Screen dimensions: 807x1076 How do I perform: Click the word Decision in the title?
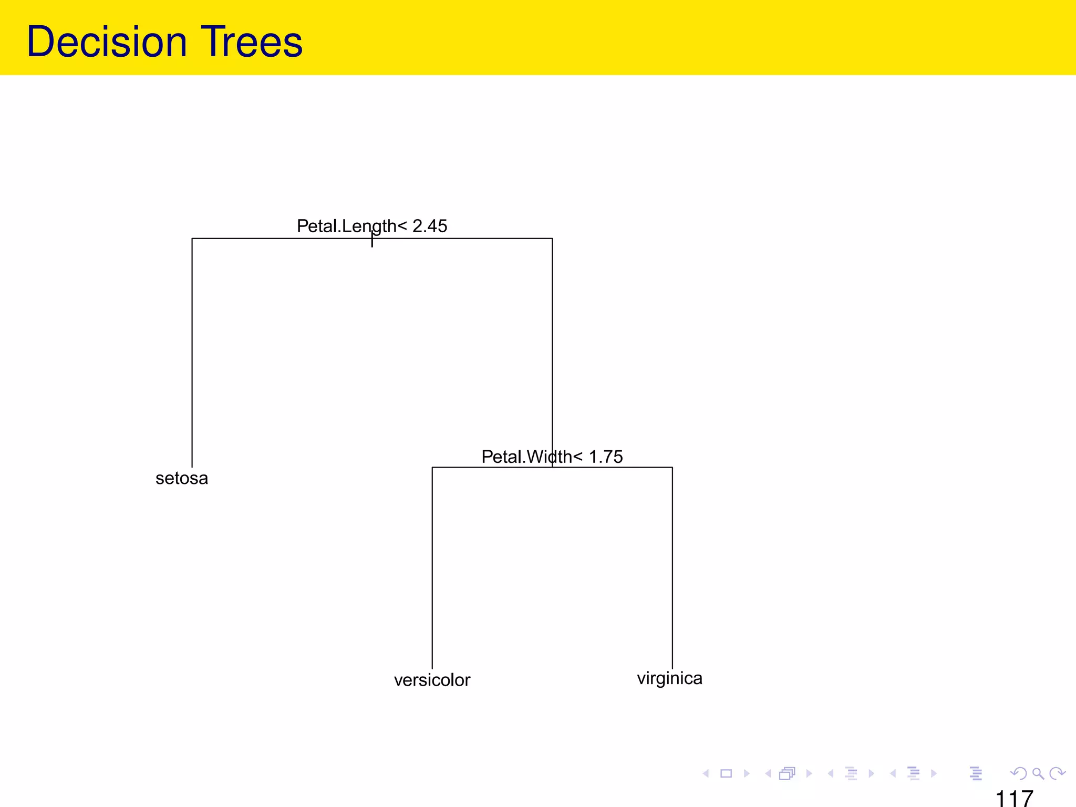point(107,42)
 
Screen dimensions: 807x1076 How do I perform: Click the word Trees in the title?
point(252,42)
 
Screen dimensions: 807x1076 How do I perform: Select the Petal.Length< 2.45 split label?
point(371,226)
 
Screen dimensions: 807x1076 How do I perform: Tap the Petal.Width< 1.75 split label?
point(552,457)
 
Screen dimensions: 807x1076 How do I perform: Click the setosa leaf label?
point(182,478)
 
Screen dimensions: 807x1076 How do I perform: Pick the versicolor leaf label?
point(432,680)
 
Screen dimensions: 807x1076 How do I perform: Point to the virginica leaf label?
point(669,678)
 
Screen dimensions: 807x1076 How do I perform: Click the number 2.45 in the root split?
point(430,226)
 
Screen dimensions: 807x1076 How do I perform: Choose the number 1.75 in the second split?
point(606,457)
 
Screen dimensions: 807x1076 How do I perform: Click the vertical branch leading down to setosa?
point(192,352)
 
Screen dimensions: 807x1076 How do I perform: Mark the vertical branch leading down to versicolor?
point(432,567)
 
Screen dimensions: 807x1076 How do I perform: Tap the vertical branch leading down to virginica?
point(672,567)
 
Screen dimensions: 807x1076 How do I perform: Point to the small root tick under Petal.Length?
point(372,242)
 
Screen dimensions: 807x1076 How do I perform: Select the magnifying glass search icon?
point(1038,773)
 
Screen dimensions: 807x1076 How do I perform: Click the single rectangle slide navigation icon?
point(726,773)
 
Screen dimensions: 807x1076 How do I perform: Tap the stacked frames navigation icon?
point(787,773)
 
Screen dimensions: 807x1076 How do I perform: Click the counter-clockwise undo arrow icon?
point(1018,773)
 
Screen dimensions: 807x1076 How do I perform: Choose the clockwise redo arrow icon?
point(1057,773)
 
